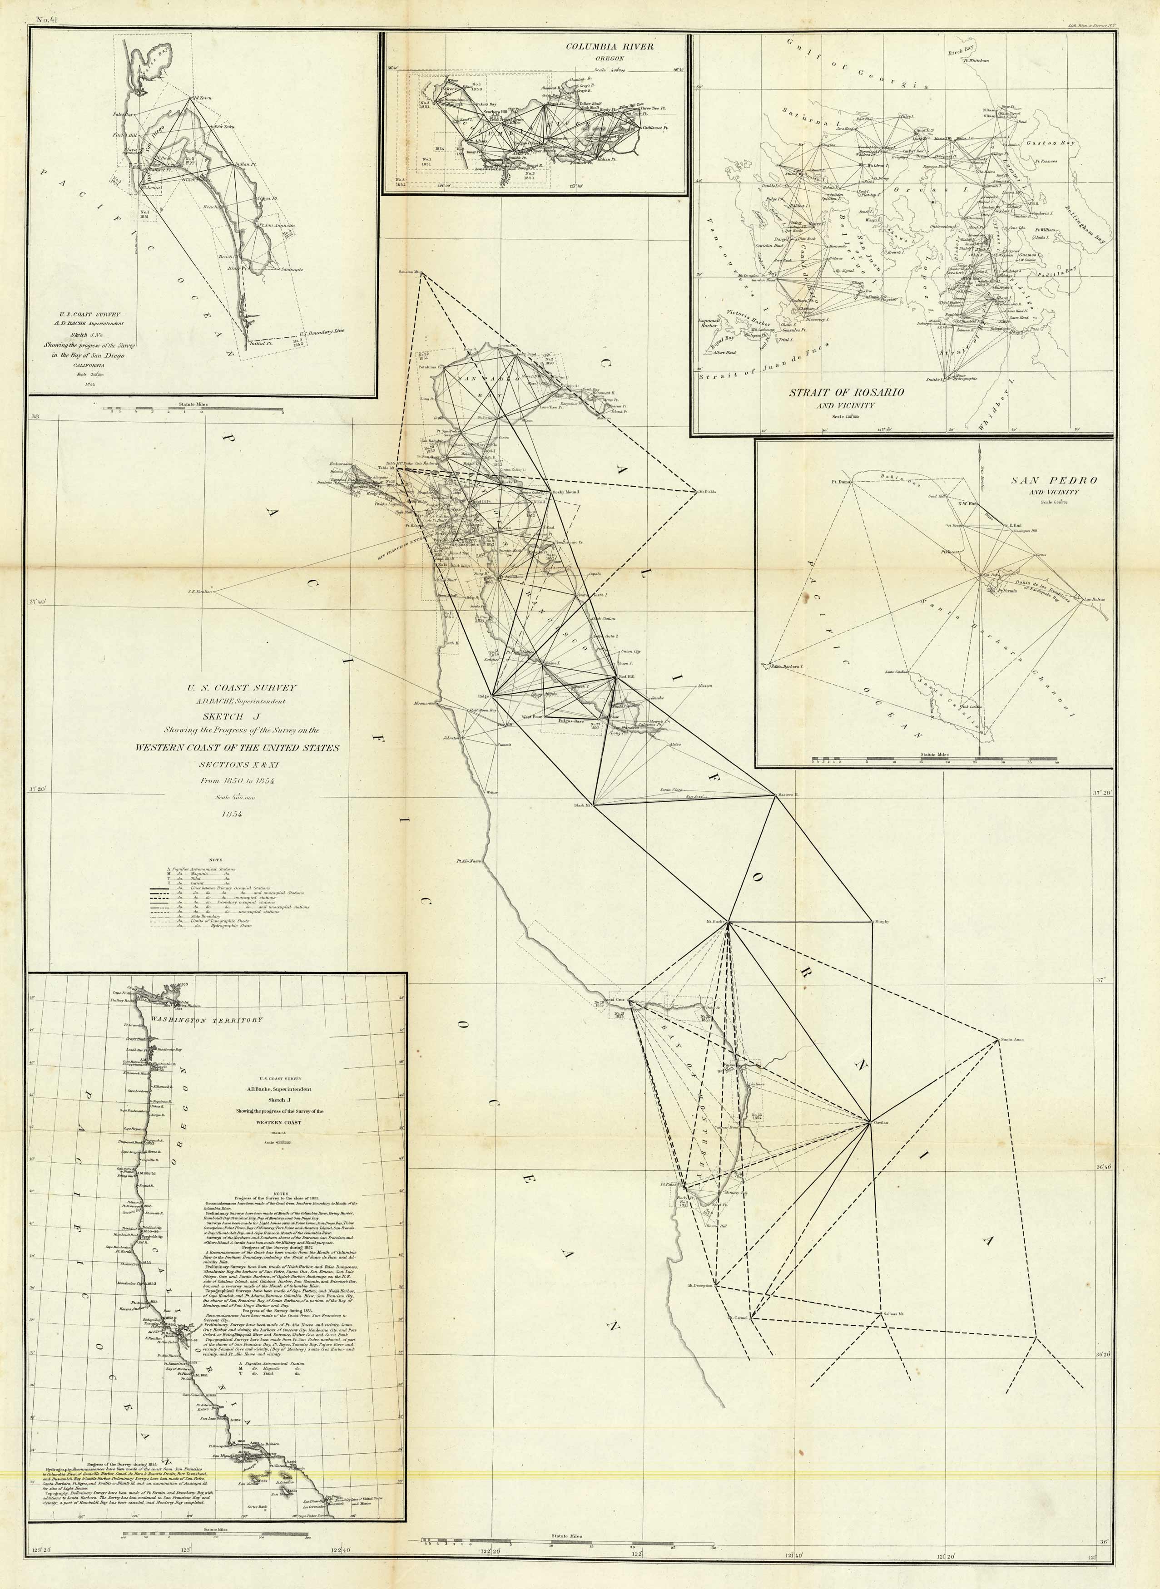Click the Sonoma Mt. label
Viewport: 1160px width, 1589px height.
pos(408,271)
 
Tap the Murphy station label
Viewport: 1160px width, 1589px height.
pos(881,922)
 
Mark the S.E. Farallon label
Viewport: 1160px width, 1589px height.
pos(200,591)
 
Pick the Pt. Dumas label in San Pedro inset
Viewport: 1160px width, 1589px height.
pos(841,482)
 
